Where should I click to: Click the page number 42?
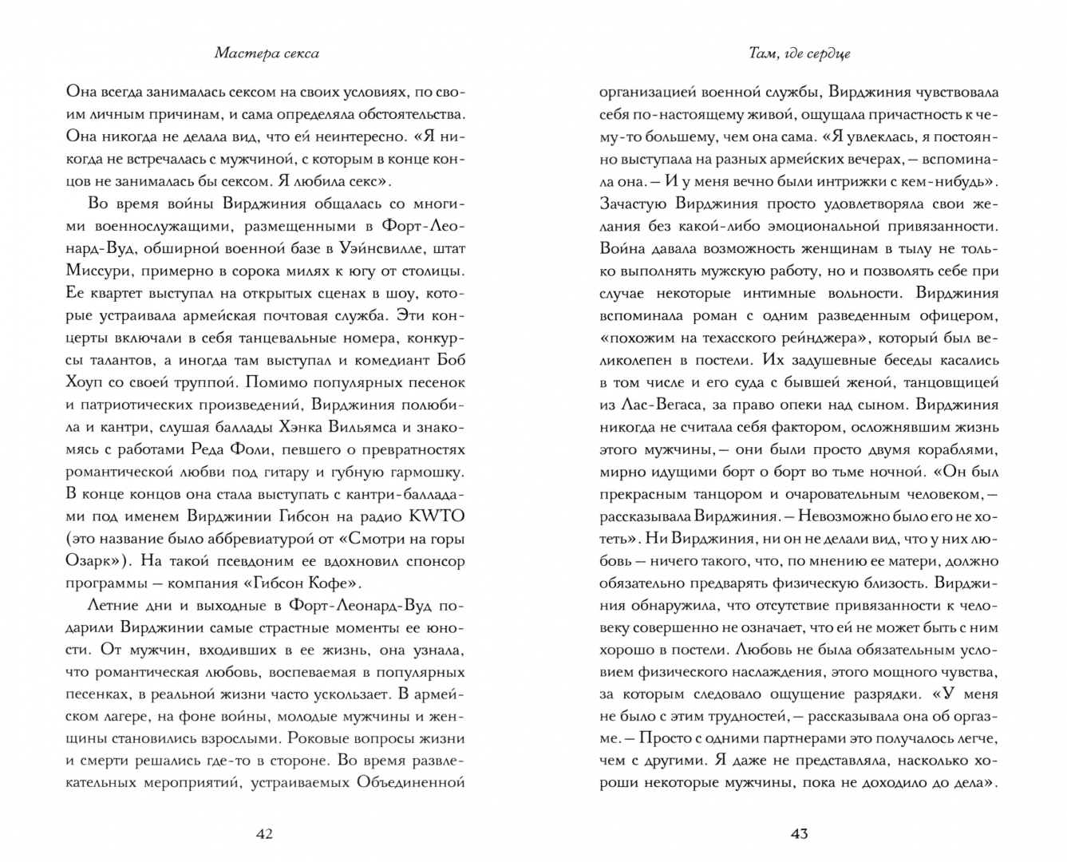(x=264, y=834)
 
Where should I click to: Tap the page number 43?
(x=800, y=834)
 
